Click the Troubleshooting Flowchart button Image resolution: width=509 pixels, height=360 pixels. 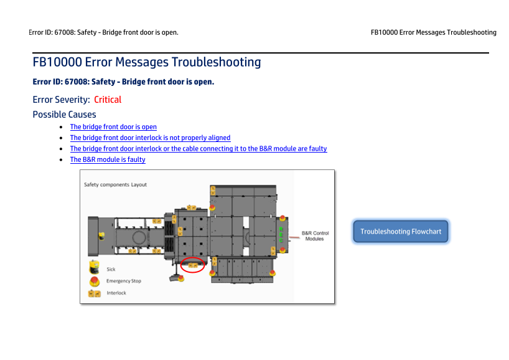tap(401, 231)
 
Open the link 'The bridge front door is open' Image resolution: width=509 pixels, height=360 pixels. tap(113, 126)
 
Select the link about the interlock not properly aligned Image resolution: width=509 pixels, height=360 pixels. tap(151, 138)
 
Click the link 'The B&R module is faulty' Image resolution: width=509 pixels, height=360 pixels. tap(108, 159)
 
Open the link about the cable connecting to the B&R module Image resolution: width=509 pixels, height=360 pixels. tap(198, 148)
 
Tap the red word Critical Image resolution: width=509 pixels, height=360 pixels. tap(108, 100)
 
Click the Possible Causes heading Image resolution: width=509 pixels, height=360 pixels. tap(64, 115)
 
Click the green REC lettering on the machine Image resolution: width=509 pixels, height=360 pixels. tap(281, 235)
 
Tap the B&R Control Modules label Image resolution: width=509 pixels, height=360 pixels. tap(315, 236)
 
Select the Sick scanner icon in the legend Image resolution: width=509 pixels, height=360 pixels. tap(94, 267)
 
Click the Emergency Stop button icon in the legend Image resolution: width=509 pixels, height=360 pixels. tap(95, 281)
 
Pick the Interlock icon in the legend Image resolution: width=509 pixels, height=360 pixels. tap(95, 294)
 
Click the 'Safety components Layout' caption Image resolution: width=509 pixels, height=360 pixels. tap(115, 184)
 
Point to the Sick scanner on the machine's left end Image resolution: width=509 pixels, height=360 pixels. tap(101, 236)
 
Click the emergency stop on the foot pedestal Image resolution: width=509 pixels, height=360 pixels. tap(181, 278)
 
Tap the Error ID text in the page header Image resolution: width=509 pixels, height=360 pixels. tap(103, 32)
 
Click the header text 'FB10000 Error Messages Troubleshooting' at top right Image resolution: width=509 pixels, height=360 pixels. tap(433, 32)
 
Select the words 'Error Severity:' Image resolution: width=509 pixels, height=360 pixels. tap(62, 100)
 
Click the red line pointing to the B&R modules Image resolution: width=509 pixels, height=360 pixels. tap(294, 237)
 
